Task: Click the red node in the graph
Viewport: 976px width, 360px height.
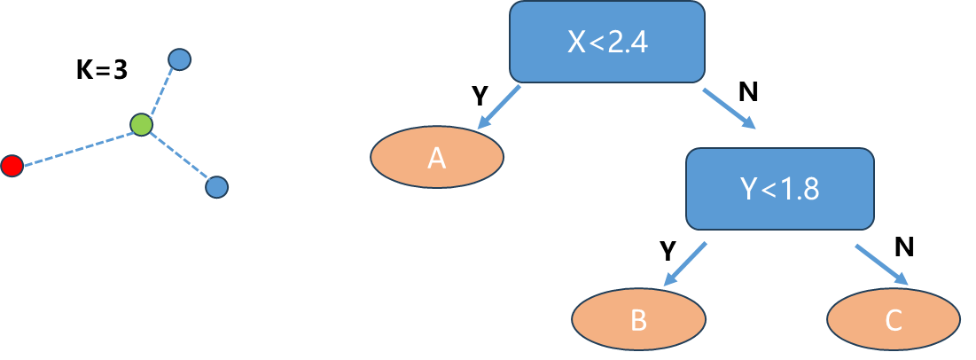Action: point(12,165)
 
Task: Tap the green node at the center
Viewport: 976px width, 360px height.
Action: point(141,123)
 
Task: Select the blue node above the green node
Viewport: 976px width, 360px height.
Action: point(180,59)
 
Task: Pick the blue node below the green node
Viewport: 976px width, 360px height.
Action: point(216,187)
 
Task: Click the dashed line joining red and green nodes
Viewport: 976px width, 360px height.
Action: point(76,145)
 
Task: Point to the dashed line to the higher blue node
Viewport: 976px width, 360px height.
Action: point(160,91)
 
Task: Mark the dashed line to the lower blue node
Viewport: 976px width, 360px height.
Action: point(179,155)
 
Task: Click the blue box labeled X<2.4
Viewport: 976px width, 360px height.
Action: point(607,41)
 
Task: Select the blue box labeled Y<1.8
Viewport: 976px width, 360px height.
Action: point(780,187)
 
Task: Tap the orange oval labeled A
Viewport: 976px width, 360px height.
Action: point(436,158)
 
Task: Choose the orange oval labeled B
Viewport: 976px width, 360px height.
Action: point(638,319)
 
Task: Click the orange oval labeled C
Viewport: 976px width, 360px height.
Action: point(893,319)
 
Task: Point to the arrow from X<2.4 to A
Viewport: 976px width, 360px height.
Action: point(499,107)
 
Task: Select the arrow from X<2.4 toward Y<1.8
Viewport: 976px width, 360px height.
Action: point(729,108)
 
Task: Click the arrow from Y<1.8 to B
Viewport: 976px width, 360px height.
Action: point(685,264)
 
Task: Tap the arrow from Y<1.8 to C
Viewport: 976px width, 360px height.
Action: point(882,264)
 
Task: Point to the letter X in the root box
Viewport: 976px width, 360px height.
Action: point(576,42)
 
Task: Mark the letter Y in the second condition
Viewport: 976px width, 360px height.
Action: point(747,188)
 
